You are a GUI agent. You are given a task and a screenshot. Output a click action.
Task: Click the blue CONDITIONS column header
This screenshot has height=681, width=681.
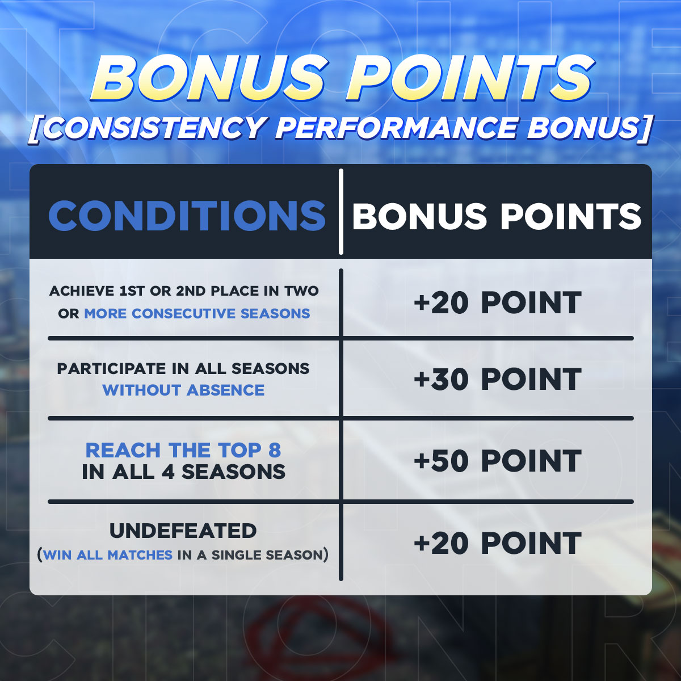[187, 216]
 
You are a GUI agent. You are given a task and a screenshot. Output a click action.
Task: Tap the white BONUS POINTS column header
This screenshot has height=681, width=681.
[497, 216]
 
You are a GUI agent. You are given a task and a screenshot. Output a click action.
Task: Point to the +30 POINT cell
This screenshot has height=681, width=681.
[498, 379]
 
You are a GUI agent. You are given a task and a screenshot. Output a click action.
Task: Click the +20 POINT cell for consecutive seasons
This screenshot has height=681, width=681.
[498, 302]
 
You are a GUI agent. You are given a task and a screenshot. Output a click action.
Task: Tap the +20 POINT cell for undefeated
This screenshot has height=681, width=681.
[498, 543]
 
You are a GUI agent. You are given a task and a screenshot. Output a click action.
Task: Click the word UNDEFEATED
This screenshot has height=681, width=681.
[183, 531]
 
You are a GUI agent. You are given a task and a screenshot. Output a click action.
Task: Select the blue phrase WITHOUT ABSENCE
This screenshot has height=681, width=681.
[183, 390]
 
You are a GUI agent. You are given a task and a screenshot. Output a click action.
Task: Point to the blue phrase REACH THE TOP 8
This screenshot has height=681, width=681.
[183, 450]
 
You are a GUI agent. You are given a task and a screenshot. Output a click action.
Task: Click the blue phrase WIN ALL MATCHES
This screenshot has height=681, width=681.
[108, 555]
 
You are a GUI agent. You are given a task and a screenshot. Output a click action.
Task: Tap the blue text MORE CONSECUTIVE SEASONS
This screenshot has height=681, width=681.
[197, 313]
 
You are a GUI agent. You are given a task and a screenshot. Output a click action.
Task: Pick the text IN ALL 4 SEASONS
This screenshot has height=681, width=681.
[183, 472]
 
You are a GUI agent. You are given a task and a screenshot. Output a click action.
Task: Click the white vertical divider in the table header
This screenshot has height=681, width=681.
[340, 212]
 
